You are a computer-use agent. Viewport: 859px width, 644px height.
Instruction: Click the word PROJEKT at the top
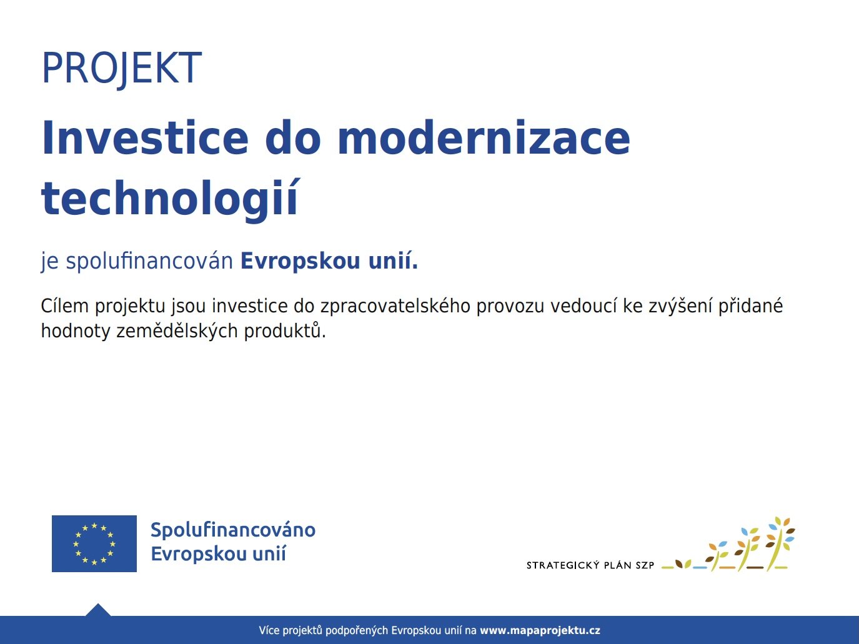(122, 68)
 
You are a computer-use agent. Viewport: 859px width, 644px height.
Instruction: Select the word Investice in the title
(145, 138)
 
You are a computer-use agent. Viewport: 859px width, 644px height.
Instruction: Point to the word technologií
(171, 199)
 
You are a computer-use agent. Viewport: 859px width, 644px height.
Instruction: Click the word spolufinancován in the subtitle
(149, 261)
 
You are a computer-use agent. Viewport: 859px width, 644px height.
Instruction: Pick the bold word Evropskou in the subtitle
(300, 261)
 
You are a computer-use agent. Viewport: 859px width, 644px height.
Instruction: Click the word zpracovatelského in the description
(395, 306)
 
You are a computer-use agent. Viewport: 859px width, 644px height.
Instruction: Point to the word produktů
(285, 332)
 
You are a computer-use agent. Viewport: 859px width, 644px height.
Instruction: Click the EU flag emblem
(94, 543)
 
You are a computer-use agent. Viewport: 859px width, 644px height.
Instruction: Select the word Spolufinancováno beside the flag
(233, 530)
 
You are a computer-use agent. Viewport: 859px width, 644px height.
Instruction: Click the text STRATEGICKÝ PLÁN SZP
(590, 565)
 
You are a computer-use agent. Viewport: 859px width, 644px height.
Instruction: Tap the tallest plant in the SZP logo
(779, 544)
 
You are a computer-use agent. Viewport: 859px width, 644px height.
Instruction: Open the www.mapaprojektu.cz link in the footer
(540, 630)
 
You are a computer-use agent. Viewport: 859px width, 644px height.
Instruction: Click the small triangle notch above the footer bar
(98, 610)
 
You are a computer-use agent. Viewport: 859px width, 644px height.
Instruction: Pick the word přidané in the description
(750, 306)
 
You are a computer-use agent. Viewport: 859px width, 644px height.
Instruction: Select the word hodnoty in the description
(76, 332)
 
